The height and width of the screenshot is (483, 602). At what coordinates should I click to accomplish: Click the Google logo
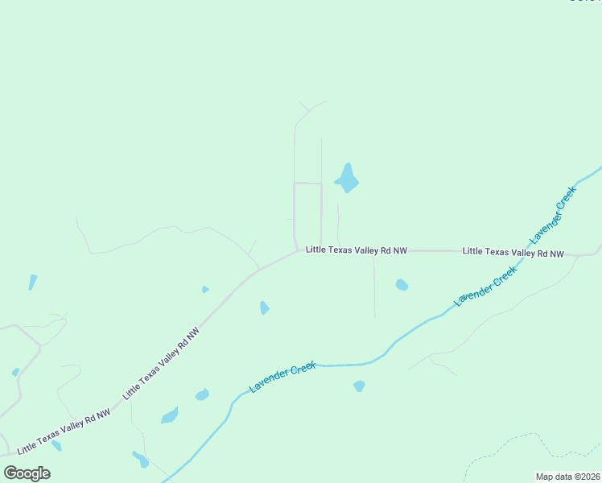tap(27, 473)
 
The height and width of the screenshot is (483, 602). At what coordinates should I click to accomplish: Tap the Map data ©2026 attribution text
tap(567, 477)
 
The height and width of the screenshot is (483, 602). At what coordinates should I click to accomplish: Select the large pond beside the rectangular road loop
tap(347, 180)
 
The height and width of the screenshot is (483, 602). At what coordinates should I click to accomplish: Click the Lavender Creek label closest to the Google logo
tap(282, 377)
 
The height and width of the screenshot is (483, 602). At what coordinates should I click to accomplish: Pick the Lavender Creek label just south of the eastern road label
tap(485, 288)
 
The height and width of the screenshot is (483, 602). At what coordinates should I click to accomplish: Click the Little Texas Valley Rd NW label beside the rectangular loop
tap(357, 251)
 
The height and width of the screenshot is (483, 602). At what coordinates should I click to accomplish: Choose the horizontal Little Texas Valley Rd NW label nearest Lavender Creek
tap(513, 252)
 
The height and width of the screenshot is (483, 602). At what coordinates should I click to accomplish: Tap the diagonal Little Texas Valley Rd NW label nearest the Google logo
tap(64, 430)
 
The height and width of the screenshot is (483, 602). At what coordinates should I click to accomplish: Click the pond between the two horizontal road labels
tap(402, 284)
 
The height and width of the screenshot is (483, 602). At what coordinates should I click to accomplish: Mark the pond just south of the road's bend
tap(264, 308)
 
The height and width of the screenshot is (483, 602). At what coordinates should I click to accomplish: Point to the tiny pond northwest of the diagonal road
tap(205, 289)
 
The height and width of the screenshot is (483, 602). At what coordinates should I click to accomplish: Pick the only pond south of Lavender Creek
tap(359, 386)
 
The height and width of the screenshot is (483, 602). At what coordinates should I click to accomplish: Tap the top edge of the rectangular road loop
tap(307, 184)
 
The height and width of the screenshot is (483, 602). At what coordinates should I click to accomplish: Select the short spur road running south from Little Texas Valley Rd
tap(374, 286)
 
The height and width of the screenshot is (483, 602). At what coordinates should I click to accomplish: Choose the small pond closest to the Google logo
tap(56, 445)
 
